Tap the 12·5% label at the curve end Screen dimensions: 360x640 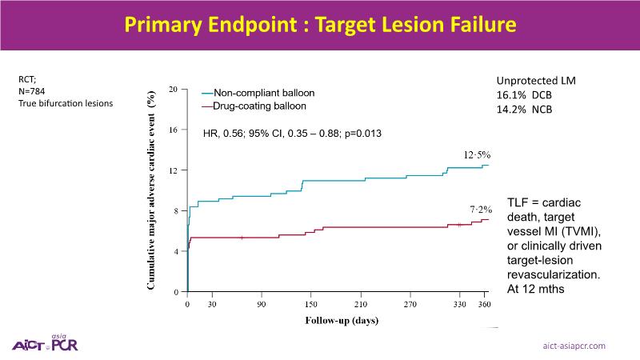pyautogui.click(x=480, y=154)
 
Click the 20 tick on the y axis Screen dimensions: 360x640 pyautogui.click(x=173, y=89)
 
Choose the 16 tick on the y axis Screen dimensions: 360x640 pyautogui.click(x=173, y=130)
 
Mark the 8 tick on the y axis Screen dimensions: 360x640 pyautogui.click(x=175, y=210)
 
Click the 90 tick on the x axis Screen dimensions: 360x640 pyautogui.click(x=262, y=305)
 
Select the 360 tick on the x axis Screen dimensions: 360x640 pyautogui.click(x=484, y=305)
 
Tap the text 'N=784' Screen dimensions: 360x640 pyautogui.click(x=32, y=91)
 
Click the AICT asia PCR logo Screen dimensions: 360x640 pyautogui.click(x=45, y=342)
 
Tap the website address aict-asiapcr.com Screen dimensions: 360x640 pyautogui.click(x=574, y=345)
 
